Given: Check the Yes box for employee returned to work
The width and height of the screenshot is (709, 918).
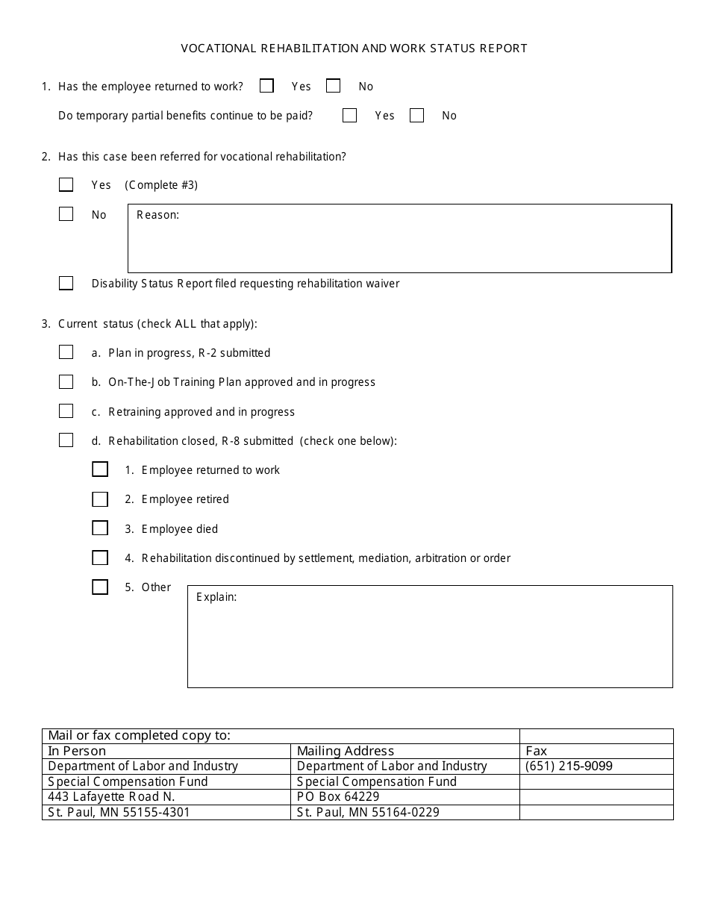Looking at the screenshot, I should [266, 86].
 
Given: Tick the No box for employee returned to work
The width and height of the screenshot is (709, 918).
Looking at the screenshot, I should [333, 86].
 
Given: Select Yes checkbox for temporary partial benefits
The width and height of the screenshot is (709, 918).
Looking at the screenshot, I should [349, 115].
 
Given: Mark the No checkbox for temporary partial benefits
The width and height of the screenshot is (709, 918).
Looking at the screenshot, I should [416, 115].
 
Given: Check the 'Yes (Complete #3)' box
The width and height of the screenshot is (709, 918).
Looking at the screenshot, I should [66, 184].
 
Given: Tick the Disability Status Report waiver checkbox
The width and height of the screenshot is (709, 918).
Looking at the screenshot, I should [66, 283].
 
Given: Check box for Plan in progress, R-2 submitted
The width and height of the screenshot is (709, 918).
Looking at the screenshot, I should [66, 352].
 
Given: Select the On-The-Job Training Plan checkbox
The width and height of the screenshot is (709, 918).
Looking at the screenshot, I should [66, 381].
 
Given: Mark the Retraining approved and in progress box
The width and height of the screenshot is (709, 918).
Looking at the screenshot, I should [66, 411].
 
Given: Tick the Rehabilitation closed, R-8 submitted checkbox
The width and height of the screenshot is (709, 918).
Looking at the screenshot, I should [66, 440].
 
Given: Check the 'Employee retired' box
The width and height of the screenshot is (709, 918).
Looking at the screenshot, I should [100, 499].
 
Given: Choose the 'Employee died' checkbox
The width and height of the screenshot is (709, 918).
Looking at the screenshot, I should [100, 528].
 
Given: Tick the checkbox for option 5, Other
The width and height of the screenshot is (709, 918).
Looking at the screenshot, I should [100, 587].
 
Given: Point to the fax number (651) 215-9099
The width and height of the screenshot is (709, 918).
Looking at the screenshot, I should [569, 766].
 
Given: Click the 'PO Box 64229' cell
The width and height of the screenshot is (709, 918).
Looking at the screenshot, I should [337, 796].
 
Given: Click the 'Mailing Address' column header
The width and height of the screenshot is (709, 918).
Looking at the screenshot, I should [345, 751].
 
